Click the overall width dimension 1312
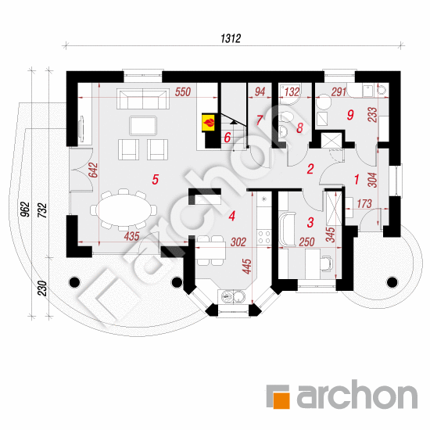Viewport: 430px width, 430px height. [231, 38]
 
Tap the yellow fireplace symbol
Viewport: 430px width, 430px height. [209, 122]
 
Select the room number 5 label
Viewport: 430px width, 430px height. [156, 180]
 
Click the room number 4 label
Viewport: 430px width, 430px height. [232, 216]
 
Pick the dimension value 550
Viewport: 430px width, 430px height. [183, 92]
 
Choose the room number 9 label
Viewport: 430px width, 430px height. [350, 115]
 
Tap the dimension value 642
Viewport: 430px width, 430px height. [94, 170]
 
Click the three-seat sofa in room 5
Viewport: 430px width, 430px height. [142, 99]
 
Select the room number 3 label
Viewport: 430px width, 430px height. [310, 222]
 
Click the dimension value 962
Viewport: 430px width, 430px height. [25, 210]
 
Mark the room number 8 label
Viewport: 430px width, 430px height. [299, 127]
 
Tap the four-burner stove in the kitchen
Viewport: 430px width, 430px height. [264, 237]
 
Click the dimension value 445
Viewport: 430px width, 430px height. [247, 267]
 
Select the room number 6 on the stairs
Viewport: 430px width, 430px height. [227, 138]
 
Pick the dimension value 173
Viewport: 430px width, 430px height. [364, 204]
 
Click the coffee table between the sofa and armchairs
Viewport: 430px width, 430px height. [143, 126]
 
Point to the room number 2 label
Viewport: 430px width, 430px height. [310, 169]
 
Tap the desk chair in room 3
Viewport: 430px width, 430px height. [327, 263]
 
